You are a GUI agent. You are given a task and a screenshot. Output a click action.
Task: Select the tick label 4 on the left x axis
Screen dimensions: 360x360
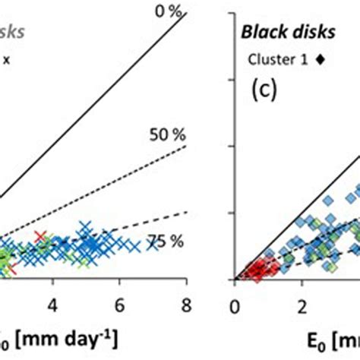(53, 304)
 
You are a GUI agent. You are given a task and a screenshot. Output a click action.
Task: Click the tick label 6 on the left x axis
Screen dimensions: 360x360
(119, 304)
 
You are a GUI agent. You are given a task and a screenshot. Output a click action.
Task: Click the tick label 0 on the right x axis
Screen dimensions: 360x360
(235, 304)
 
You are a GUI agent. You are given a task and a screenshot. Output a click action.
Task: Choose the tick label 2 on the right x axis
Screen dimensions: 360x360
(302, 304)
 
